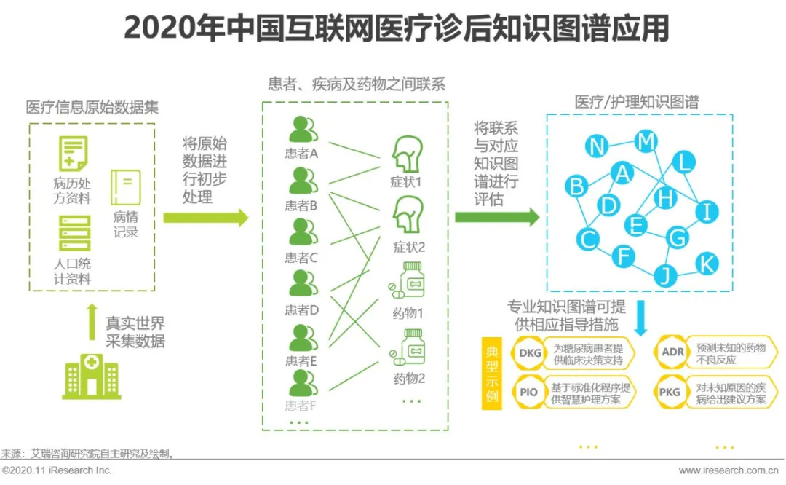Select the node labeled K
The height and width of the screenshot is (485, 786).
706,264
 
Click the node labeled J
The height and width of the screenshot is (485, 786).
665,275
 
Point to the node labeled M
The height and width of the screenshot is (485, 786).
645,141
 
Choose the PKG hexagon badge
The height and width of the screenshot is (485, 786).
670,392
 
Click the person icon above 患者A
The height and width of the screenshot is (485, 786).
302,130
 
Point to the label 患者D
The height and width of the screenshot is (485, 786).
301,309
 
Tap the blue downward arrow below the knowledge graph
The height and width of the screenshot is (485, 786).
642,318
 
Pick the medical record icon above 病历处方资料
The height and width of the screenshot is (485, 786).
74,154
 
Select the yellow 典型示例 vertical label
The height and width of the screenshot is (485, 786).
492,372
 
